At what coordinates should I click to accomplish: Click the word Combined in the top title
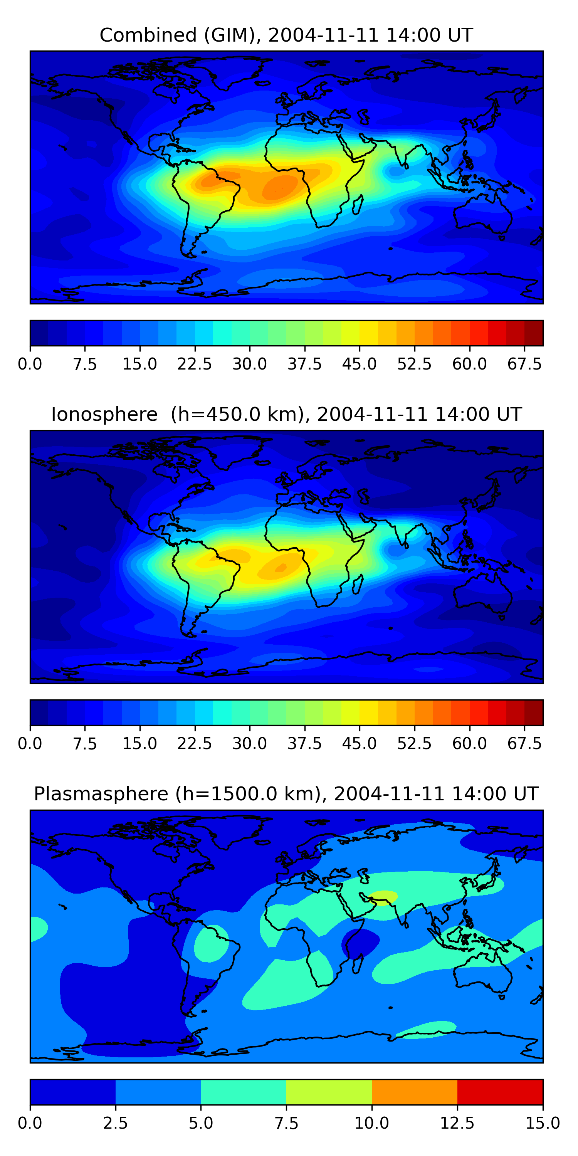(x=148, y=35)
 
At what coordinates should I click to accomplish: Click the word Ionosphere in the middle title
(x=104, y=414)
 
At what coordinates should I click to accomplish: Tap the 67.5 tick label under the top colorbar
(x=524, y=364)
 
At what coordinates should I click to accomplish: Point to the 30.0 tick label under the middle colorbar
(x=250, y=743)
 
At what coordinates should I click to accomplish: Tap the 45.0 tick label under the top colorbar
(x=359, y=364)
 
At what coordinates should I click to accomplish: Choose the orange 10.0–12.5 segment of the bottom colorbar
(x=414, y=1092)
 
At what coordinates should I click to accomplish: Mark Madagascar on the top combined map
(x=358, y=205)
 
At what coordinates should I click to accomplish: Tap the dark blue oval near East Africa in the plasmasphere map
(x=360, y=944)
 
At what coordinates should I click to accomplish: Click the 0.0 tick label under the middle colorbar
(x=30, y=743)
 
